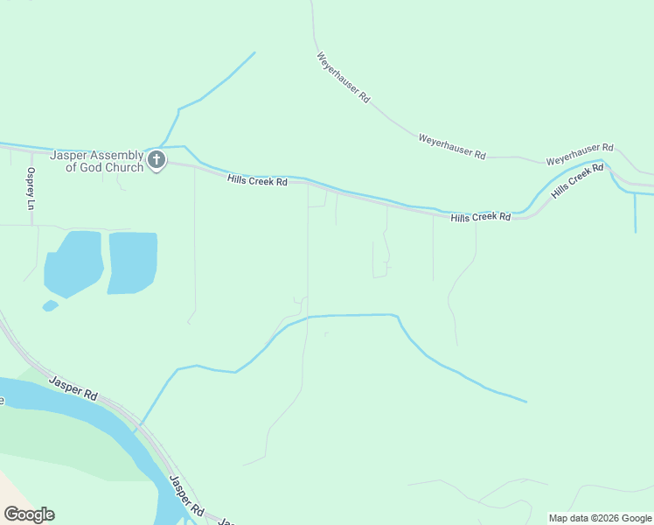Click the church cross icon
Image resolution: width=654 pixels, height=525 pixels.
point(157,159)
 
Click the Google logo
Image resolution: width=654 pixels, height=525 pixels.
point(29,514)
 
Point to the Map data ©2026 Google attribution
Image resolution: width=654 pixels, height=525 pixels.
point(600,518)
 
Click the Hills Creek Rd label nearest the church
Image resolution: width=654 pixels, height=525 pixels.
point(257,181)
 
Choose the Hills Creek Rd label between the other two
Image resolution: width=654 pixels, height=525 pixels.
point(480,216)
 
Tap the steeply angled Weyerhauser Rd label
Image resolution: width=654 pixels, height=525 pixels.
point(343,78)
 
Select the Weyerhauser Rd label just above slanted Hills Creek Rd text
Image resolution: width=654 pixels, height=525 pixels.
point(580,155)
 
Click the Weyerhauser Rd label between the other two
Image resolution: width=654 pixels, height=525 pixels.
point(451,146)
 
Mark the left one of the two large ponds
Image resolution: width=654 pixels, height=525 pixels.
point(73,262)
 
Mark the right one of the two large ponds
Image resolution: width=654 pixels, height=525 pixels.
point(132,262)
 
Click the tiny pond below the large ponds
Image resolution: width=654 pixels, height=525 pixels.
point(50,305)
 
